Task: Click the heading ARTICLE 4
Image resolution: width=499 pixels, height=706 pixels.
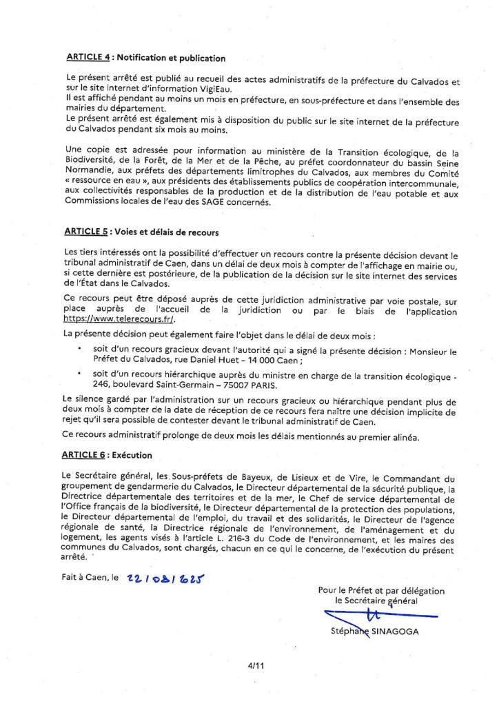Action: click(88, 59)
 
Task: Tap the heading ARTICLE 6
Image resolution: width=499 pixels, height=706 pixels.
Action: click(88, 456)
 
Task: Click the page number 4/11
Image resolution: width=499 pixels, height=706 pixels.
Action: click(256, 666)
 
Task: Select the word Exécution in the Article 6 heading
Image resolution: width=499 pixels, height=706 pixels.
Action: click(132, 456)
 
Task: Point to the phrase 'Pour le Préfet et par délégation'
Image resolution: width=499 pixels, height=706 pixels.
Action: click(381, 590)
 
